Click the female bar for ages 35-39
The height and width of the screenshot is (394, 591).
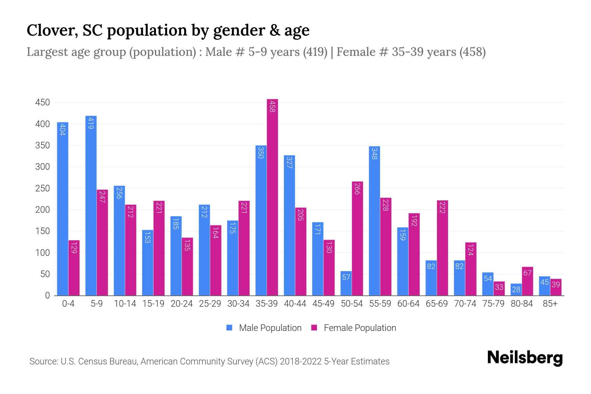[272, 197]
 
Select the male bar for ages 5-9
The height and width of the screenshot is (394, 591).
[91, 206]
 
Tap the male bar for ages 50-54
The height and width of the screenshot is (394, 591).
[346, 283]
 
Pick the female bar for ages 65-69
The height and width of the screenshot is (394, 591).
[442, 248]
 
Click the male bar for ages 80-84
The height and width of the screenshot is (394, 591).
[516, 290]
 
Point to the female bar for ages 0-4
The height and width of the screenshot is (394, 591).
[74, 268]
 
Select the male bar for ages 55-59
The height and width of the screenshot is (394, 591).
[374, 221]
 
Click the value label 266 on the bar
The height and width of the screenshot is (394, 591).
[357, 189]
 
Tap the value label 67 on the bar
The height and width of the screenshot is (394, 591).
[527, 273]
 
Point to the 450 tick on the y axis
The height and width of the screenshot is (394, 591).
[43, 102]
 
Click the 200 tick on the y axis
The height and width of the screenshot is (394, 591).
[43, 210]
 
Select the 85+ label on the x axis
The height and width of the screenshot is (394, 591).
[550, 304]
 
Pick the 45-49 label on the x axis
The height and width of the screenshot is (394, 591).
[323, 304]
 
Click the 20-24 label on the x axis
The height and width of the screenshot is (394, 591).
[182, 304]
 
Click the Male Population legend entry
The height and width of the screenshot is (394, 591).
[264, 328]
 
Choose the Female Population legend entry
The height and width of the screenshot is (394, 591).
[354, 328]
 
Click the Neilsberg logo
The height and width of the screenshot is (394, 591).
[525, 358]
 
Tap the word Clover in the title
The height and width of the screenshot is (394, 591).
[52, 30]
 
